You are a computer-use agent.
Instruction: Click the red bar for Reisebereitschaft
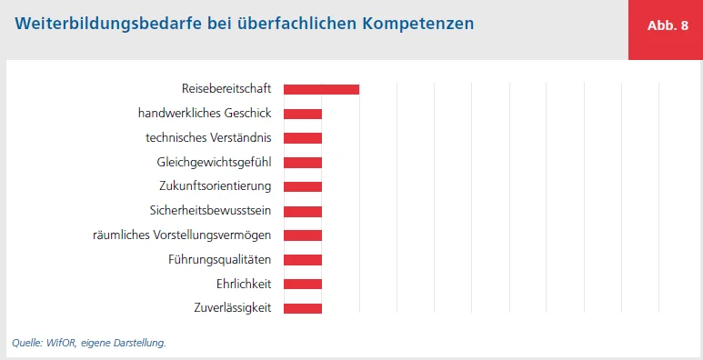[x=321, y=89]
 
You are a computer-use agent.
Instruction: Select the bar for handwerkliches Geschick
[x=303, y=114]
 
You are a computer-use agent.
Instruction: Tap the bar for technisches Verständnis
[x=303, y=138]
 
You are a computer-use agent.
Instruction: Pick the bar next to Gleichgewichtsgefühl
[x=303, y=163]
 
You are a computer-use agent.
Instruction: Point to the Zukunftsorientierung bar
[x=303, y=186]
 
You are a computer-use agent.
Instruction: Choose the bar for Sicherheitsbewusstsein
[x=303, y=211]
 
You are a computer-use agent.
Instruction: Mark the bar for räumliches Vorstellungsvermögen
[x=303, y=235]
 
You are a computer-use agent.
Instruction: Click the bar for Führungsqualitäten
[x=303, y=260]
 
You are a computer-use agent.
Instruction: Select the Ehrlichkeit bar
[x=303, y=284]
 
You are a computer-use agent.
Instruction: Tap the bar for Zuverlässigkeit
[x=303, y=308]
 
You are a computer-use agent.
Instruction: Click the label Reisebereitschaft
[x=227, y=89]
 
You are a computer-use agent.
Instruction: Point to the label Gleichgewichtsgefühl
[x=215, y=163]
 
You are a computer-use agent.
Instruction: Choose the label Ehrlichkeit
[x=244, y=284]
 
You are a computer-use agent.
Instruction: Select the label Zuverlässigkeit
[x=233, y=308]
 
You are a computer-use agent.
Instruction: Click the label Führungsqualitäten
[x=220, y=260]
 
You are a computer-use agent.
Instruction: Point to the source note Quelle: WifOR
[x=89, y=343]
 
